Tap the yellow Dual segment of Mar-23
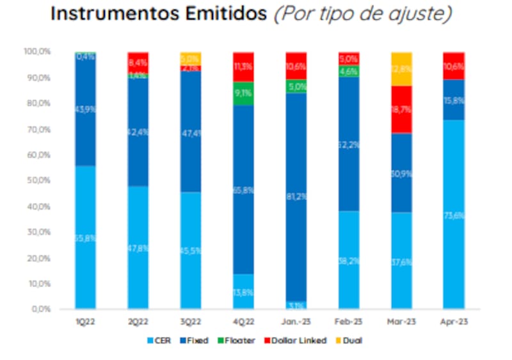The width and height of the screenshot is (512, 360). point(401,69)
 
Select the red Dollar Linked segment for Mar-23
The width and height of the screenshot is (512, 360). point(401,109)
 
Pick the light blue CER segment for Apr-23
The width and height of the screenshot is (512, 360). point(453,214)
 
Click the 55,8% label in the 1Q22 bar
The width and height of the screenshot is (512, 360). point(86,238)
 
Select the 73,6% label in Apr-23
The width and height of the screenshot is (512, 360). point(454,216)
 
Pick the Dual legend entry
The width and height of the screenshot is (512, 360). point(350,340)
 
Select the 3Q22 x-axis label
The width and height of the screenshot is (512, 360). point(191,321)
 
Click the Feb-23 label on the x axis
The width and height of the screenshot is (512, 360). point(348,321)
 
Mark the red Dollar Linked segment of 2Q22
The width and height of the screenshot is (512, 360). point(138,62)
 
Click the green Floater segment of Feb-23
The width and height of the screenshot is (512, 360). point(349,71)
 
